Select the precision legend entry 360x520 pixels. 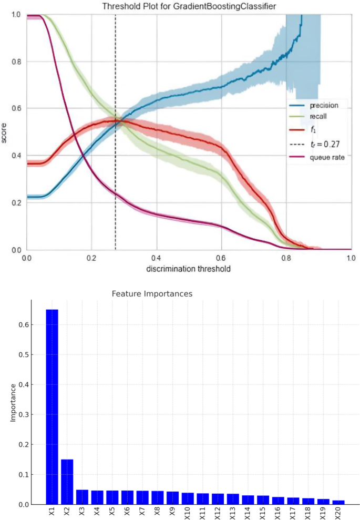click(324, 105)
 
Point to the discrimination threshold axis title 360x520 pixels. click(189, 268)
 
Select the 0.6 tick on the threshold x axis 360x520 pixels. click(221, 259)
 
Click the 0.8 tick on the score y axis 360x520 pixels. click(16, 62)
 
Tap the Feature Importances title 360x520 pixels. click(152, 294)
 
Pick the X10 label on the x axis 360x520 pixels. click(188, 512)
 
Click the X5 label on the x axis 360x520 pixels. click(112, 511)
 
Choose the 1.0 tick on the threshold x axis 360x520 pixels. click(351, 259)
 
